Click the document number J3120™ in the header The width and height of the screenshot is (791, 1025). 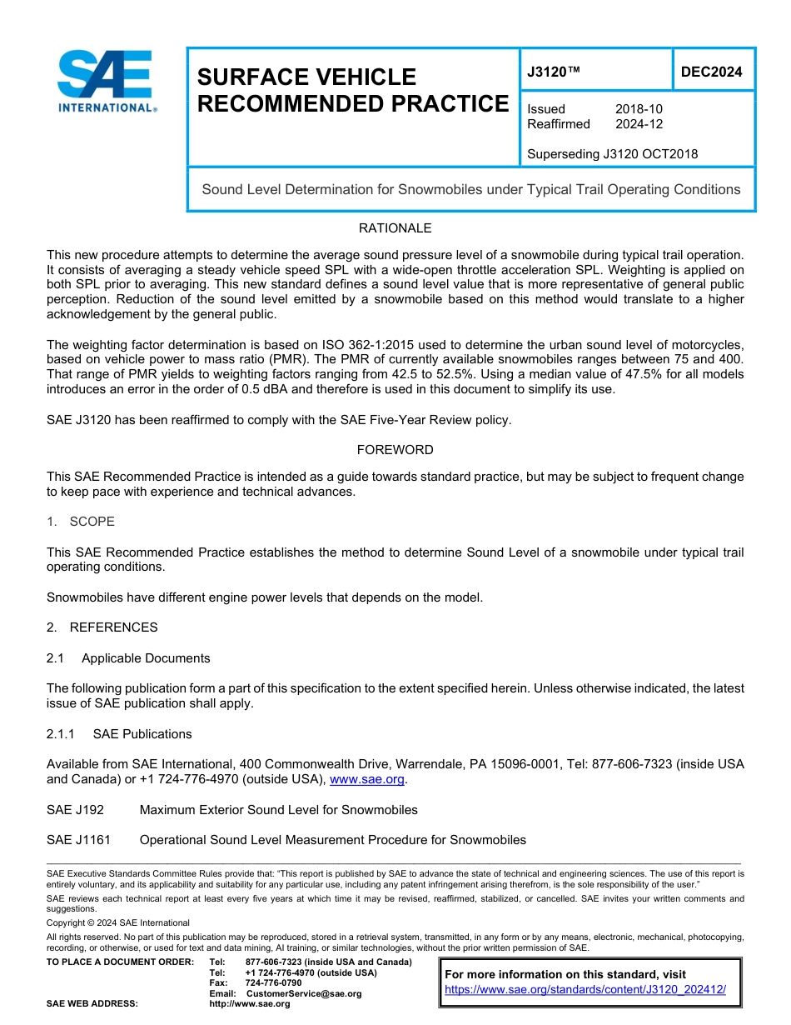553,72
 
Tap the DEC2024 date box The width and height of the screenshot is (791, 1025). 711,72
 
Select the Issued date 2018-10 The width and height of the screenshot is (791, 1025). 639,109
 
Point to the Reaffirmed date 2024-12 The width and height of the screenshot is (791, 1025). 639,124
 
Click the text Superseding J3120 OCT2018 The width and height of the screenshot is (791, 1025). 612,153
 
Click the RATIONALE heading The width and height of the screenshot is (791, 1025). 395,228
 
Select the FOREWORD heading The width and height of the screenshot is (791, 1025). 395,450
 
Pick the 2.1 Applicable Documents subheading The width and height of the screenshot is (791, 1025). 128,658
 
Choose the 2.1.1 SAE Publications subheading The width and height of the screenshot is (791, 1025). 119,734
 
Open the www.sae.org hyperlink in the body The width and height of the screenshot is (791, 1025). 367,780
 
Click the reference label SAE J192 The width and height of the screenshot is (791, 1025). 75,810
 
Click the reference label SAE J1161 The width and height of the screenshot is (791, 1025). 78,840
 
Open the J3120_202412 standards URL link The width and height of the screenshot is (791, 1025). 585,989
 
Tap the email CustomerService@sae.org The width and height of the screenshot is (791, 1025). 303,993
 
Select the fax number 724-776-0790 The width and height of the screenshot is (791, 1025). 273,983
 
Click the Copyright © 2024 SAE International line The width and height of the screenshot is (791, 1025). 118,922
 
